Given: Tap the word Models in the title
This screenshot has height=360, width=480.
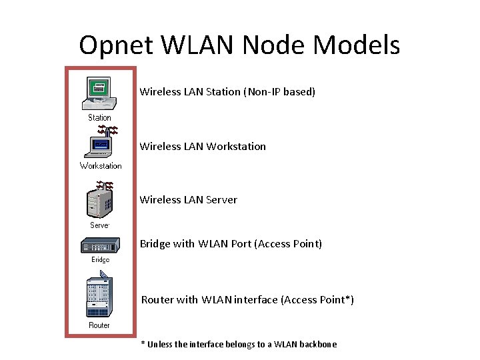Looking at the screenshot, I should [357, 45].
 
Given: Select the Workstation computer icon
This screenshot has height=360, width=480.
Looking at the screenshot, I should [101, 143].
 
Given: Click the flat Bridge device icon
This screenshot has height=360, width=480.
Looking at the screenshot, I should [100, 247].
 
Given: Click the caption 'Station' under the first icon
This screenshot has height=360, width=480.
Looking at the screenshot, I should [100, 118].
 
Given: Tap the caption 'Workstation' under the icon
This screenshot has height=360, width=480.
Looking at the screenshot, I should [101, 166].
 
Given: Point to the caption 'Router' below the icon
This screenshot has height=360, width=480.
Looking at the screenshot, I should [99, 325].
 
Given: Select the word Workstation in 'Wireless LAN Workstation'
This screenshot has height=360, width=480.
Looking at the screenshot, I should [236, 147].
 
